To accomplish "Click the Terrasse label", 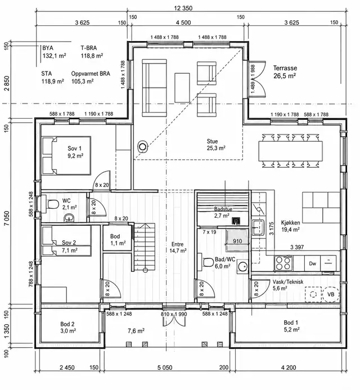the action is (x=285, y=68).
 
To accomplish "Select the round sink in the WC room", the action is (x=68, y=218).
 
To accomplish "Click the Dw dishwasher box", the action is (x=312, y=263).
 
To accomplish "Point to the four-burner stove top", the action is (x=283, y=263).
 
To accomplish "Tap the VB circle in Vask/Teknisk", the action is (x=330, y=294).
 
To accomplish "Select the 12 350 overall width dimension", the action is (x=183, y=8).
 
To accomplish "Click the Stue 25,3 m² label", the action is (x=216, y=145).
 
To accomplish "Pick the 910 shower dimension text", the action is (x=237, y=241).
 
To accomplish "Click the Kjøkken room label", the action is (x=290, y=223).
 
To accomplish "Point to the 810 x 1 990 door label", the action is (x=174, y=314).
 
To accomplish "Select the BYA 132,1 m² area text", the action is (x=54, y=52).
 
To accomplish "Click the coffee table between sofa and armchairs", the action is (x=182, y=88).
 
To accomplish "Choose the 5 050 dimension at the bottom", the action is (x=165, y=367).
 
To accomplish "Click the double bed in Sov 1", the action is (x=66, y=155).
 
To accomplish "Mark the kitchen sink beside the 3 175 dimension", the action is (x=258, y=227).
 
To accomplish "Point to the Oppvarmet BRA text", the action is (x=91, y=74).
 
